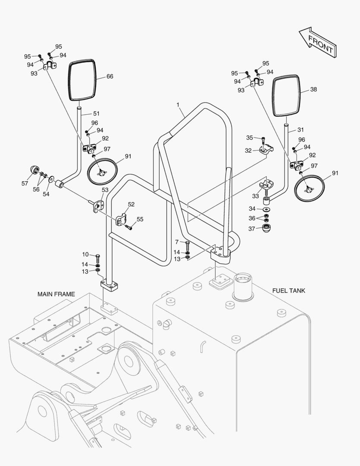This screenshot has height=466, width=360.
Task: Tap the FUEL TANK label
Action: click(289, 291)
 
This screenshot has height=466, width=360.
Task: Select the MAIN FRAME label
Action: click(56, 294)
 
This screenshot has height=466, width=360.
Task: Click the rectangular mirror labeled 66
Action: click(82, 80)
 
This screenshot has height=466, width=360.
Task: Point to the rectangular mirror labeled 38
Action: click(286, 95)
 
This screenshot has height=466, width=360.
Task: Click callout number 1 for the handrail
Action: click(178, 104)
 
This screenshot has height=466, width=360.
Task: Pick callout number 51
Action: click(96, 113)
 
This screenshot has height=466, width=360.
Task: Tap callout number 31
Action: click(301, 130)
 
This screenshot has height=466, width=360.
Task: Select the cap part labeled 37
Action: click(266, 229)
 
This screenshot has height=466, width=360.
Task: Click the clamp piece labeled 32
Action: click(266, 149)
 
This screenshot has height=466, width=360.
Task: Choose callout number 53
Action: click(105, 190)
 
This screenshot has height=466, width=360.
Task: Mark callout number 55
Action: click(140, 219)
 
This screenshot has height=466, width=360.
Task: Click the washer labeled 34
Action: click(266, 210)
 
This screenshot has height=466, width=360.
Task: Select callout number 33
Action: click(255, 196)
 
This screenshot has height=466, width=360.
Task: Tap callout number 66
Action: click(110, 76)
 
